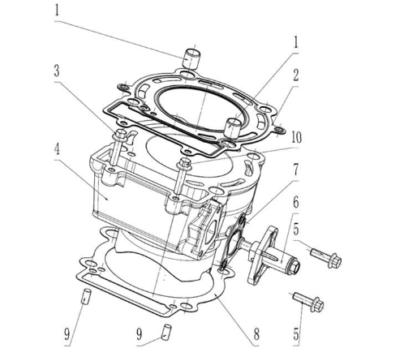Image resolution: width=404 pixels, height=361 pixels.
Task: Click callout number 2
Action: click(295, 74)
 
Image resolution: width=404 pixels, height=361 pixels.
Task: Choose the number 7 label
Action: click(295, 170)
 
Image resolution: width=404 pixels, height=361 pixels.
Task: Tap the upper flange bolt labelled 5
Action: click(324, 256)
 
